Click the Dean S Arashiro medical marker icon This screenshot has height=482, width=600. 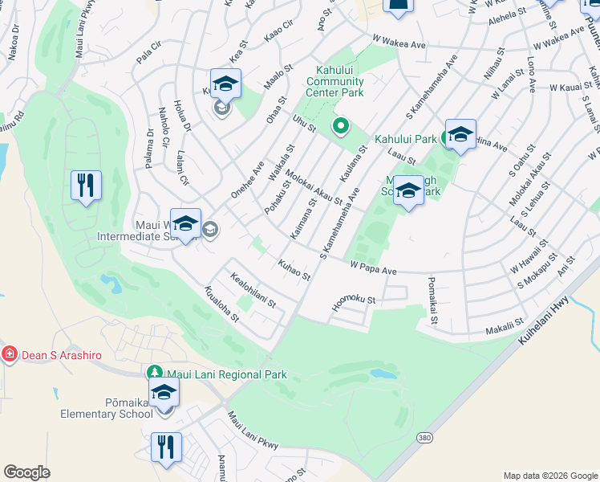10,353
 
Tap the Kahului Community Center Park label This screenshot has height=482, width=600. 335,81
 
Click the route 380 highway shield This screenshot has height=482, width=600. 424,438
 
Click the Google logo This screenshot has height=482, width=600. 26,472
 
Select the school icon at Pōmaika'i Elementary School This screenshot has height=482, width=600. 164,394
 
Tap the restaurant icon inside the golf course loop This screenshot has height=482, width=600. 86,186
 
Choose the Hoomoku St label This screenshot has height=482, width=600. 355,302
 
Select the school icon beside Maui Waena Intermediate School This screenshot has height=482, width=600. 185,225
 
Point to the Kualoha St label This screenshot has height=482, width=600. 222,305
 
